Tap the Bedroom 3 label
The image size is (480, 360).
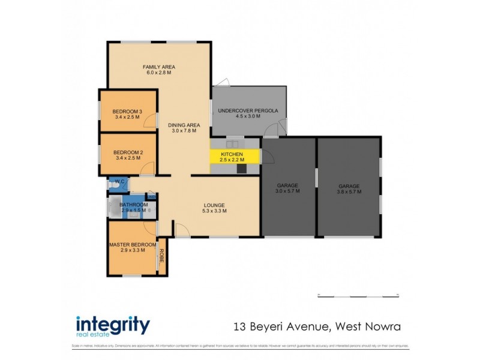[x=127, y=111]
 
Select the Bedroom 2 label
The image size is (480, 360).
[x=128, y=152]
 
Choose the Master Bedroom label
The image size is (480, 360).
[x=133, y=245]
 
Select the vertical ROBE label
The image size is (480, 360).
[x=161, y=256]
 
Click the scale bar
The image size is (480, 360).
[x=358, y=295]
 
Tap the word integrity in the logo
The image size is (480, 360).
[x=112, y=325]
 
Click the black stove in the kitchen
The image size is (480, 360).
[x=241, y=169]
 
